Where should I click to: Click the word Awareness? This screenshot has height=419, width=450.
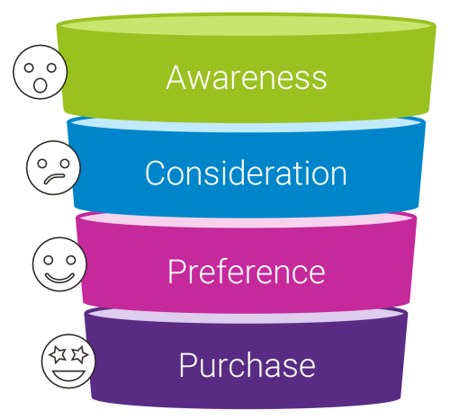click(x=246, y=77)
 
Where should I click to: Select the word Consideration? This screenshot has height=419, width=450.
click(x=246, y=173)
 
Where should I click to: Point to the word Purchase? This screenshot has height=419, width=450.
click(x=246, y=366)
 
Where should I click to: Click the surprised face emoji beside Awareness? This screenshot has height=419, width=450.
click(x=40, y=72)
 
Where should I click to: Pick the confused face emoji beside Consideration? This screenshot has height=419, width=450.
click(x=53, y=167)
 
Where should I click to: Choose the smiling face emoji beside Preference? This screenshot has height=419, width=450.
click(x=59, y=263)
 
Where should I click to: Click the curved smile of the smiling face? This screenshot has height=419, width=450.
click(x=59, y=272)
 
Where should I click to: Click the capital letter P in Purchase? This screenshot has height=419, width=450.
click(x=187, y=366)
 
